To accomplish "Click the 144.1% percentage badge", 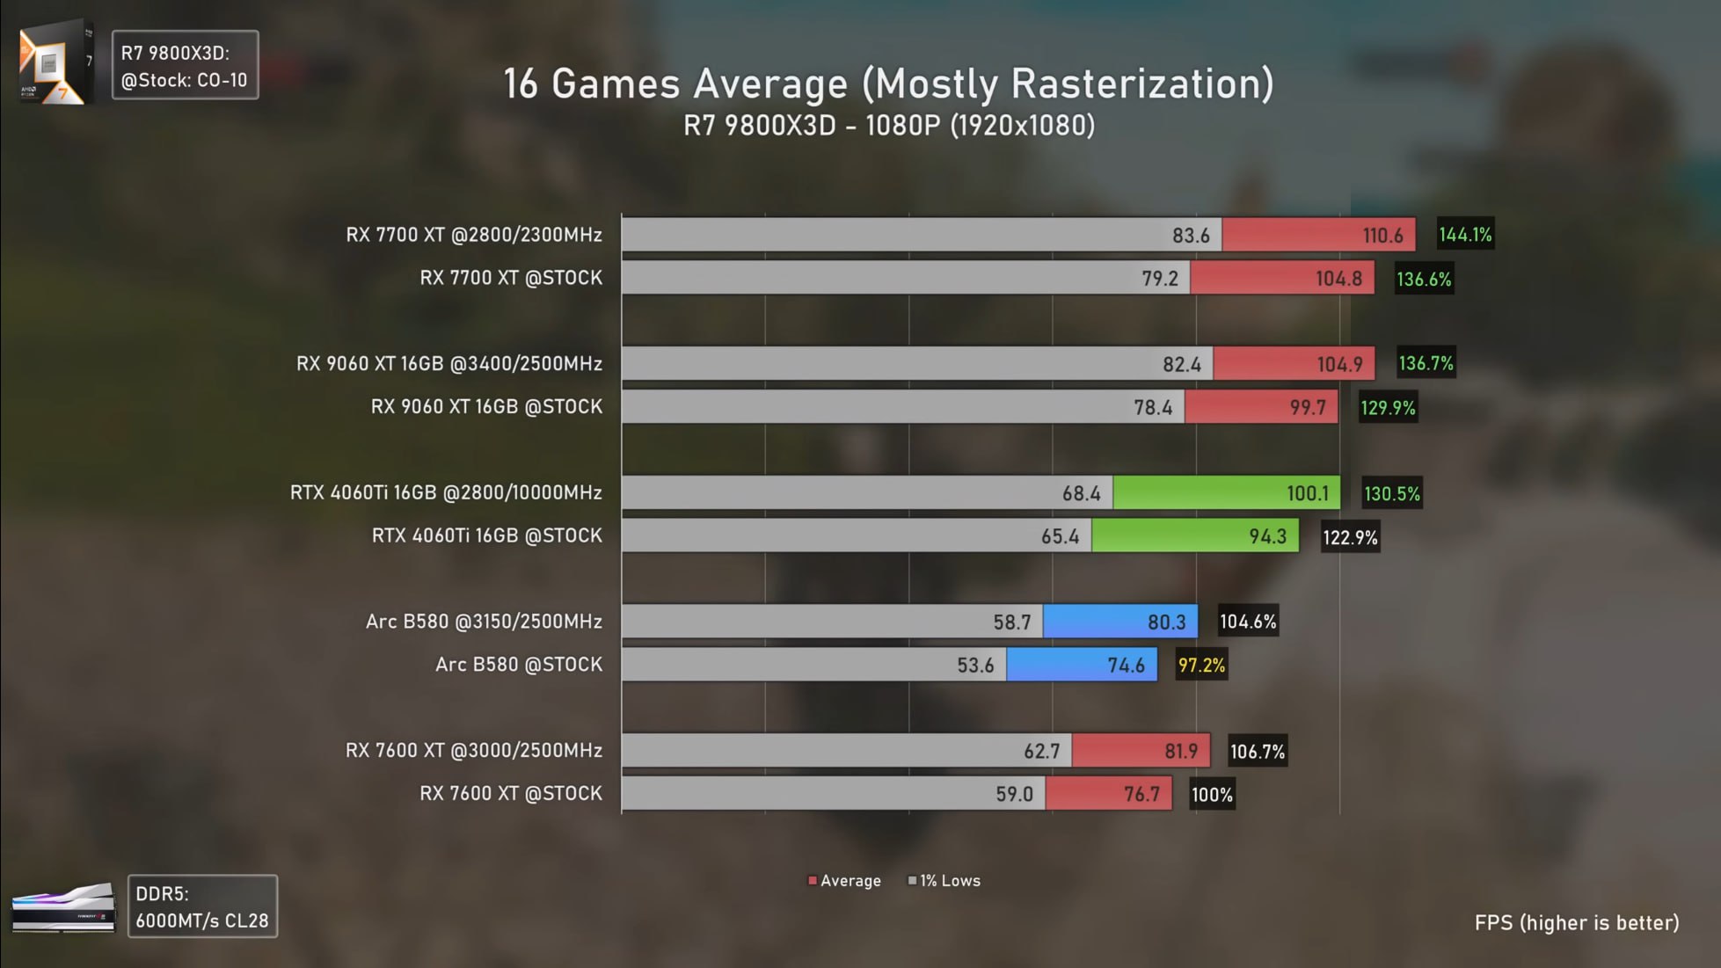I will [x=1465, y=235].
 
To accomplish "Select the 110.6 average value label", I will [x=1382, y=236].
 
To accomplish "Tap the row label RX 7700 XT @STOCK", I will [x=511, y=278].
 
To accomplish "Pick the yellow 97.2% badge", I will [x=1201, y=666].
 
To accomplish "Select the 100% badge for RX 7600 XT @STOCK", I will [x=1212, y=795].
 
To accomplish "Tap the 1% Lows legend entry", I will [x=944, y=881].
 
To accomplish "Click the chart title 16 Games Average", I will [x=888, y=84].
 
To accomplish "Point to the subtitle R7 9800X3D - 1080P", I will [x=889, y=126].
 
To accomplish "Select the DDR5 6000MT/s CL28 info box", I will [x=202, y=906].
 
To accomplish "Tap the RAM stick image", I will [x=63, y=908].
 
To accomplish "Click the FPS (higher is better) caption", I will [x=1577, y=923].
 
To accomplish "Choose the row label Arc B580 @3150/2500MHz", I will [x=484, y=622].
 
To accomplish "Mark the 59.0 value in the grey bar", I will [x=1014, y=794].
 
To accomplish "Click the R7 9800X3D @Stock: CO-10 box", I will [x=185, y=66].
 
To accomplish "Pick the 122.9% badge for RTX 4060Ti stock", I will [x=1350, y=537].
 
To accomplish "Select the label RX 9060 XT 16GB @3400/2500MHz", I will [x=449, y=364].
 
